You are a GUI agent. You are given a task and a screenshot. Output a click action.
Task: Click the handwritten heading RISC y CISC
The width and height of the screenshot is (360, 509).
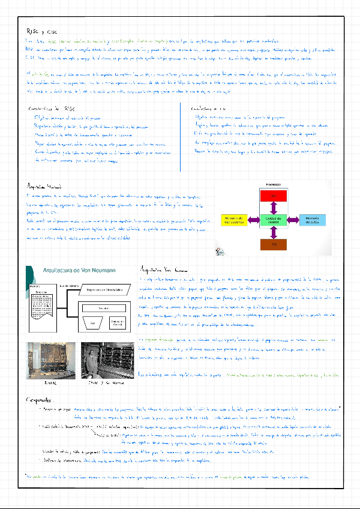click(x=39, y=31)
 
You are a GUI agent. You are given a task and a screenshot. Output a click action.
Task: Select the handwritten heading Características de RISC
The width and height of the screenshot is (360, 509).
click(x=51, y=109)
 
